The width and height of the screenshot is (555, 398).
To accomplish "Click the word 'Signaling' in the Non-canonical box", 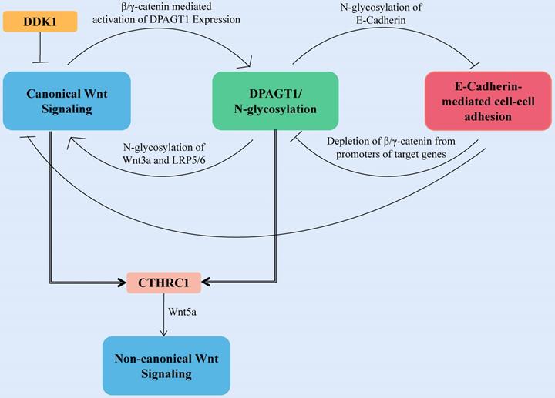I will (x=166, y=373).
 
